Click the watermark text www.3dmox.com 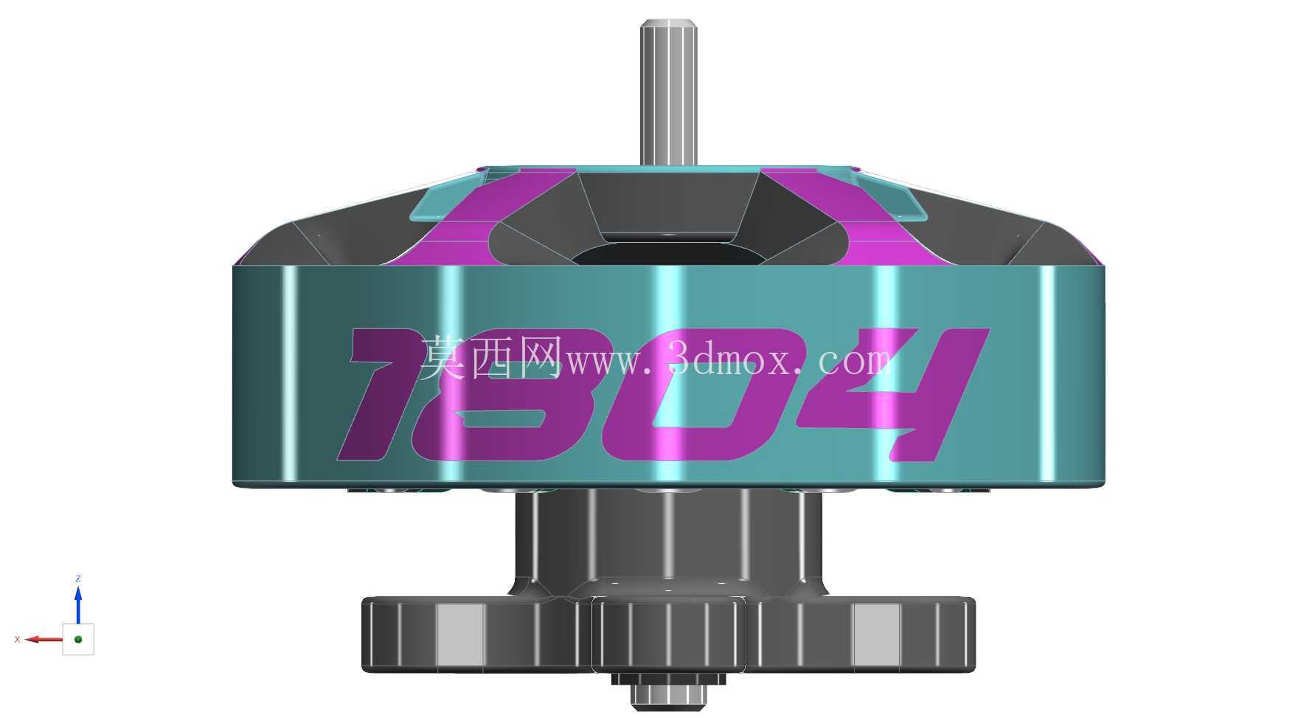pyautogui.click(x=730, y=359)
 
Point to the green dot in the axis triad pyautogui.click(x=78, y=639)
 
